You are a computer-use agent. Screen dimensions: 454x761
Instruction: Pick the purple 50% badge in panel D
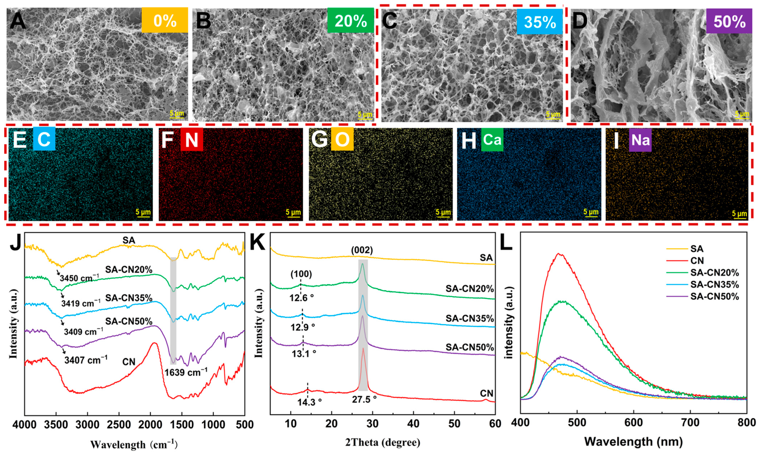(729, 21)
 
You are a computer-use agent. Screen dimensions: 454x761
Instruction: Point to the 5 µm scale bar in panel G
(443, 212)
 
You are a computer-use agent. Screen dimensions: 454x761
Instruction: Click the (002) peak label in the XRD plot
(362, 250)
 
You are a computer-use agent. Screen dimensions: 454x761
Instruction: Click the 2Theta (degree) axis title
(383, 442)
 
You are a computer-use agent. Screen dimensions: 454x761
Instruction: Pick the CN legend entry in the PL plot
(697, 261)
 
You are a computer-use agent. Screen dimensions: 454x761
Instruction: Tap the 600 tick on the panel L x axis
(633, 423)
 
